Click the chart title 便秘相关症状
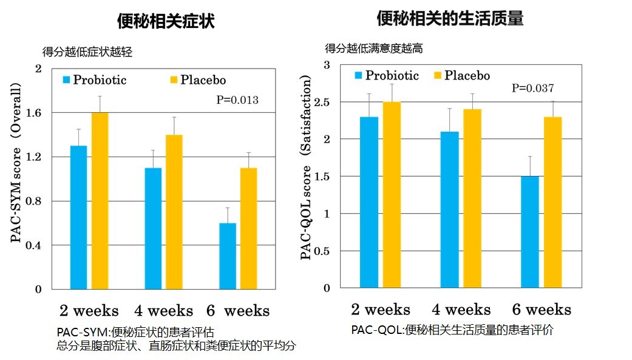[x=166, y=22]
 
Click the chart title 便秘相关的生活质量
[x=450, y=19]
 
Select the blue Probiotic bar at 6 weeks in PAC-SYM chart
[x=228, y=256]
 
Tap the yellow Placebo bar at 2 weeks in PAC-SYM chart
[x=99, y=200]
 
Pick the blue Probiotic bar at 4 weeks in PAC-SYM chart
[x=153, y=228]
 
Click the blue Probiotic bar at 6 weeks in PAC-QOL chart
[x=529, y=232]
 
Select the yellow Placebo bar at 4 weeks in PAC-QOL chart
[x=472, y=199]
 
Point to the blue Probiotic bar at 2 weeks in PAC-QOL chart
[x=369, y=202]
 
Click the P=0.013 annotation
[x=238, y=100]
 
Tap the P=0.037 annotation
[x=533, y=88]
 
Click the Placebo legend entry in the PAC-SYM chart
[x=198, y=80]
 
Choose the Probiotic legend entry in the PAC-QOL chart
[x=387, y=76]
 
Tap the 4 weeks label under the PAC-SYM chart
[x=163, y=311]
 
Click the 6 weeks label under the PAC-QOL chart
[x=542, y=310]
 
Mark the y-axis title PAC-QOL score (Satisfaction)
[x=307, y=168]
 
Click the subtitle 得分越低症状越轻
[x=87, y=53]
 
